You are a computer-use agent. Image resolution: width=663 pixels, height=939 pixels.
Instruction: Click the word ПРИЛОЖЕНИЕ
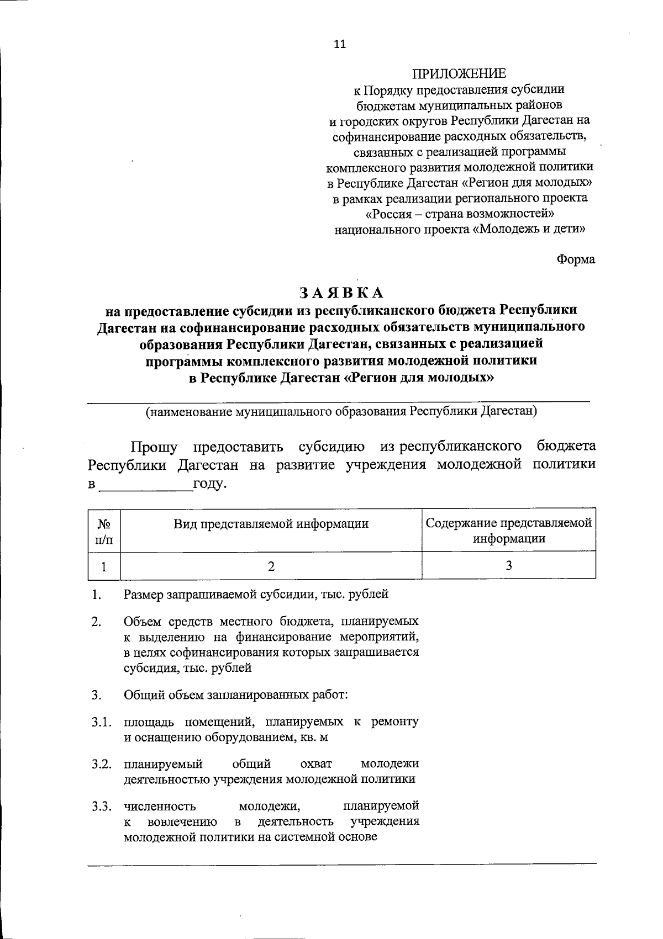[459, 73]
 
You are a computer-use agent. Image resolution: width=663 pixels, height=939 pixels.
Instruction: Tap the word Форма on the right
[576, 259]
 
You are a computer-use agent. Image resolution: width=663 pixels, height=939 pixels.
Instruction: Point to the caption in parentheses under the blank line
[341, 411]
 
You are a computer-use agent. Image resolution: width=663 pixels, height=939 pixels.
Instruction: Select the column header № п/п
[104, 530]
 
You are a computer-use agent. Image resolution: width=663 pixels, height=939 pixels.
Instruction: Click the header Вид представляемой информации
[271, 523]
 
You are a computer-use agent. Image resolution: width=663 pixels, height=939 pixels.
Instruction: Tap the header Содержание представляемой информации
[509, 530]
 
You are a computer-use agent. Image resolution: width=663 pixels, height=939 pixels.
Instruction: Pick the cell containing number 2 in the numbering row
[271, 566]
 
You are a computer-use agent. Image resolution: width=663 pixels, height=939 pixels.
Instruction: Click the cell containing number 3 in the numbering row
[509, 566]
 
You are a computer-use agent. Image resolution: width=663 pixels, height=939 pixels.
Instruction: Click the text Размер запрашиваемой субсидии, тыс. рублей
[256, 595]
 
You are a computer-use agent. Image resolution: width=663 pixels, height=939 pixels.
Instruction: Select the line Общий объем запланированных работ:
[236, 694]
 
